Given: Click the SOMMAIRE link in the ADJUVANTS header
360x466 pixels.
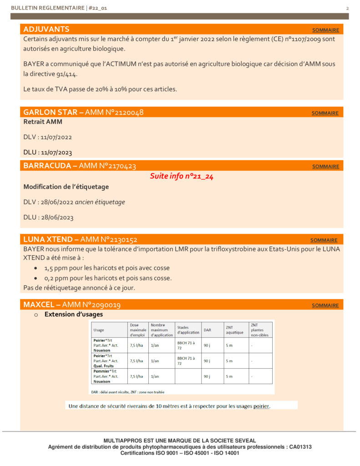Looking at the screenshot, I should tap(325, 30).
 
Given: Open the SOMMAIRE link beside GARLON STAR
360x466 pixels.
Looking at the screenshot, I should tap(325, 113).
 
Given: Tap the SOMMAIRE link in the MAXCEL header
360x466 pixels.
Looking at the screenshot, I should tap(325, 305).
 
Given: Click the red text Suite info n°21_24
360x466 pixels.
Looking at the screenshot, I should tap(182, 177).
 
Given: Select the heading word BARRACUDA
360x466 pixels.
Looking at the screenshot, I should tap(47, 166).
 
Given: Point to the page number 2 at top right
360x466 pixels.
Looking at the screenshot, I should tap(347, 8).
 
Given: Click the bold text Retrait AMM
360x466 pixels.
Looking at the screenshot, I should tap(43, 122).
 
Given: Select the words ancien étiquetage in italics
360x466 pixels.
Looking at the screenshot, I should tap(100, 202).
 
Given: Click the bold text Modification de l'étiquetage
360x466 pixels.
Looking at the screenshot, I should tap(66, 187).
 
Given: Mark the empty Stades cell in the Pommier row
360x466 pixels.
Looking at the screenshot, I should tap(188, 376).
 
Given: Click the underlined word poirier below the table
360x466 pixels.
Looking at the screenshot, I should tap(261, 406).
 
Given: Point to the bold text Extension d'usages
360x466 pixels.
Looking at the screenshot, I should tap(74, 314).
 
